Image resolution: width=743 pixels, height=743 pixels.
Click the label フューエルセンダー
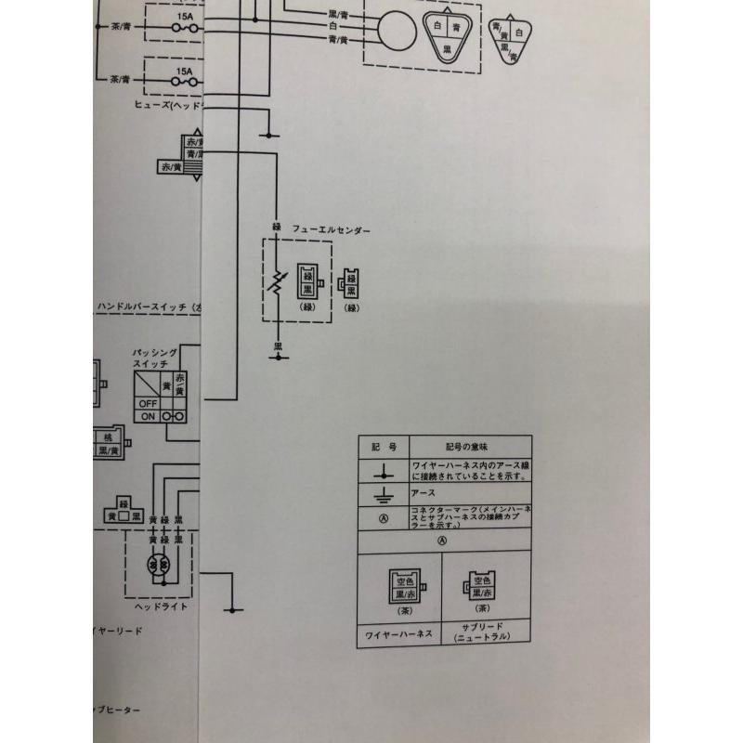coord(332,228)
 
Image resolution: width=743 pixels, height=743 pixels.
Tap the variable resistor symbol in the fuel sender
coord(276,280)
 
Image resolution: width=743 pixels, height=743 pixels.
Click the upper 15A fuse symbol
coord(185,30)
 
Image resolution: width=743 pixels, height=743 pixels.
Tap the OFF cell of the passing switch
coord(148,404)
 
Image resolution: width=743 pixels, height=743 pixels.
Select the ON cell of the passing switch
coord(148,417)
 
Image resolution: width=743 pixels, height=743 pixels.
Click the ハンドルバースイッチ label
coord(150,306)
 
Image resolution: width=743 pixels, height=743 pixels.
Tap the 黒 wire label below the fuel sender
coord(276,346)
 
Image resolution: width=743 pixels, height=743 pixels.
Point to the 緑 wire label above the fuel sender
coord(276,227)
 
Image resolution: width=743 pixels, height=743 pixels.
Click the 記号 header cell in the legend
coord(383,447)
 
